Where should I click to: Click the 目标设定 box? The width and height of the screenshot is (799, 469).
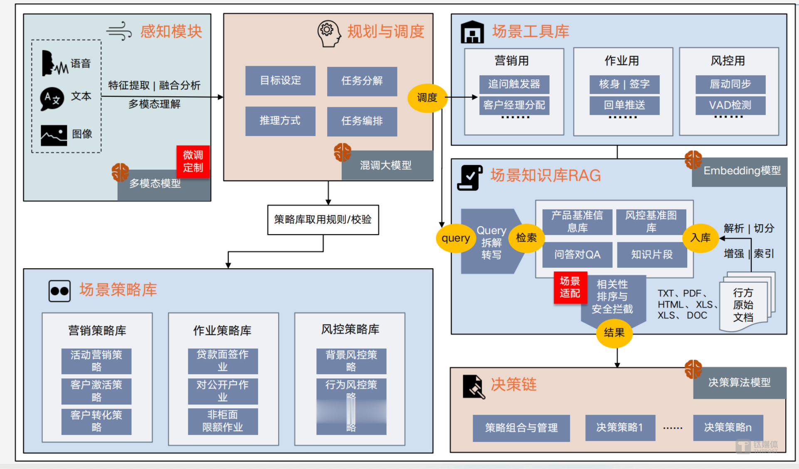click(x=280, y=80)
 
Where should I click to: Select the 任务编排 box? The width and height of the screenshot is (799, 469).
click(x=362, y=121)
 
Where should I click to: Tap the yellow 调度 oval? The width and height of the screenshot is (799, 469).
click(x=427, y=98)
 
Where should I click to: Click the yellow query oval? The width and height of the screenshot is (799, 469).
click(x=456, y=238)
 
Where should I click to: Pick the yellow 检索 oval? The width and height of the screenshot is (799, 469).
click(x=526, y=238)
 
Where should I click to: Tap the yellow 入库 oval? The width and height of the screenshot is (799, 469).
click(x=700, y=238)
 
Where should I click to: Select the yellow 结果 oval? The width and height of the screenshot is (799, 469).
click(x=614, y=333)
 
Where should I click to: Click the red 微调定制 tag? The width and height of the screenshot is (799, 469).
click(x=193, y=161)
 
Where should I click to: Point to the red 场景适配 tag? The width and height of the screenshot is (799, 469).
click(x=570, y=287)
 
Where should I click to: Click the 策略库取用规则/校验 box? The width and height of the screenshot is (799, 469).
click(x=323, y=220)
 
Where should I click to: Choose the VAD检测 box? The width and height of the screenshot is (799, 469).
click(x=730, y=105)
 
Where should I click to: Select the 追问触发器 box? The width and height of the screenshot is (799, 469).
click(x=514, y=84)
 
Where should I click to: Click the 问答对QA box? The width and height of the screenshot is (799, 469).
click(x=577, y=254)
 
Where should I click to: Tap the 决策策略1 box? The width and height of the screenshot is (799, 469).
click(x=620, y=427)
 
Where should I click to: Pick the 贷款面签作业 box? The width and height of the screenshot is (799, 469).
click(x=222, y=360)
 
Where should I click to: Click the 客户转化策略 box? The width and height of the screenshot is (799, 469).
click(x=96, y=421)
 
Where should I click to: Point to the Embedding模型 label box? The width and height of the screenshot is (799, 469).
click(x=740, y=171)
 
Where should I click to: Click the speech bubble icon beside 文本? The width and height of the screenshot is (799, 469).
click(x=52, y=99)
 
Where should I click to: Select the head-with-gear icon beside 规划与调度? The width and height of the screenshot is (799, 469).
click(x=328, y=33)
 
